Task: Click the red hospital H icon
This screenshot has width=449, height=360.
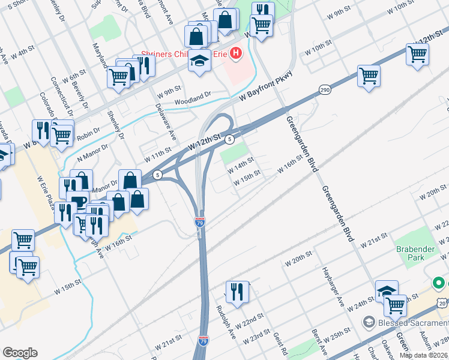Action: click(x=235, y=54)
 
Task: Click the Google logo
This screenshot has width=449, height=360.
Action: click(x=19, y=353)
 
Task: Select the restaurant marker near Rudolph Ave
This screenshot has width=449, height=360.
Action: click(x=237, y=292)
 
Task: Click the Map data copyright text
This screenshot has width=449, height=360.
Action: click(x=423, y=355)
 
